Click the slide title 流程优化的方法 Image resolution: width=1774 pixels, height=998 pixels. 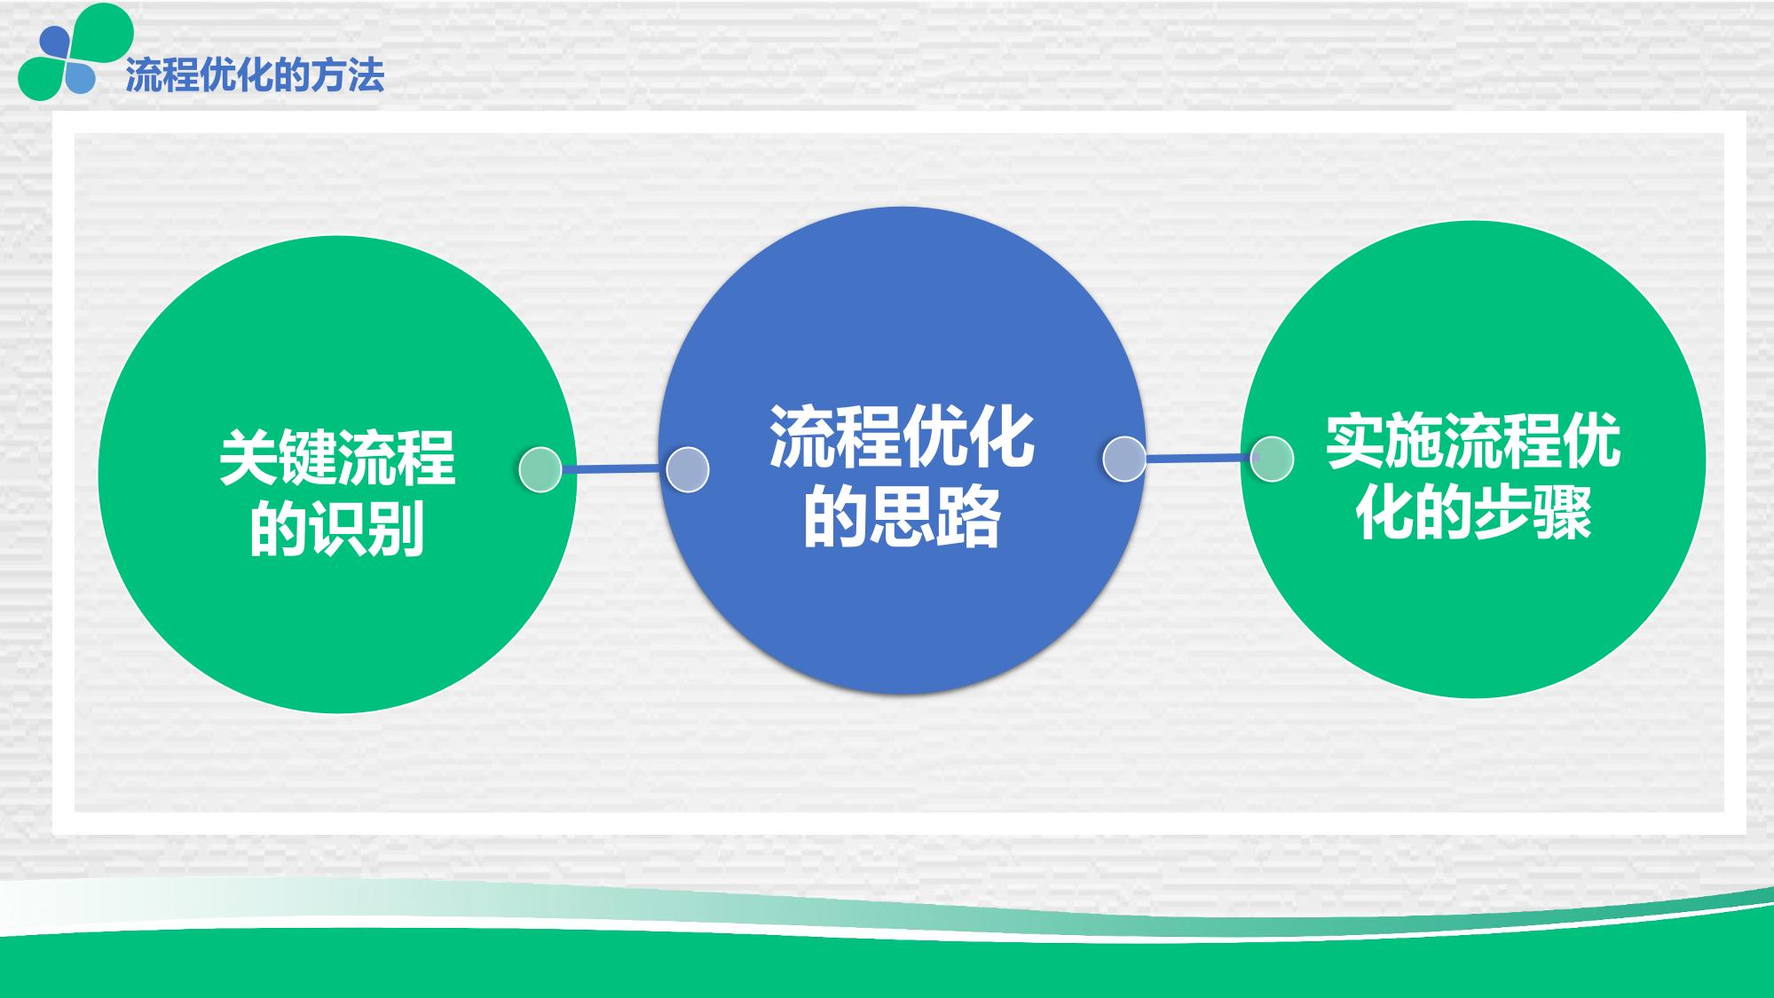coord(255,75)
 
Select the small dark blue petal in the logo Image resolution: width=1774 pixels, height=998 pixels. coord(55,42)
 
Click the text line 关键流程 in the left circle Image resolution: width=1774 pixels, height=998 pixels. coord(337,458)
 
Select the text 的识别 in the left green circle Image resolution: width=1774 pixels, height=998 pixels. coord(337,529)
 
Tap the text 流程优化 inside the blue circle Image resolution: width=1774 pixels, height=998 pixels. coord(902,437)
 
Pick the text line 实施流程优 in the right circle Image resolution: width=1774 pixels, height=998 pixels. coord(1473,441)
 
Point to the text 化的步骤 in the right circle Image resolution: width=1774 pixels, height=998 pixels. coord(1473,512)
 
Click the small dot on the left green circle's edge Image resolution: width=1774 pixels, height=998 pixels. coord(540,469)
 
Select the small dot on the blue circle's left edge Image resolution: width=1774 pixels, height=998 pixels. coord(688,469)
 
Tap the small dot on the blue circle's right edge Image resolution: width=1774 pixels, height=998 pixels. coord(1124,460)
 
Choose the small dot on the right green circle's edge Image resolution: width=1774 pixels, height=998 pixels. coord(1272,460)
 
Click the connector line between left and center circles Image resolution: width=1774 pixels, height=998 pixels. coord(614,468)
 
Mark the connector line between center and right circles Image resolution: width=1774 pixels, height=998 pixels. coord(1198,459)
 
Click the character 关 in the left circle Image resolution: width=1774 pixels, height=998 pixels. coord(248,458)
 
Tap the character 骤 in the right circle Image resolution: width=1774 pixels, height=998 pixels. coord(1563,512)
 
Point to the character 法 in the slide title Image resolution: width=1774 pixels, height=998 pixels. coord(367,75)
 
